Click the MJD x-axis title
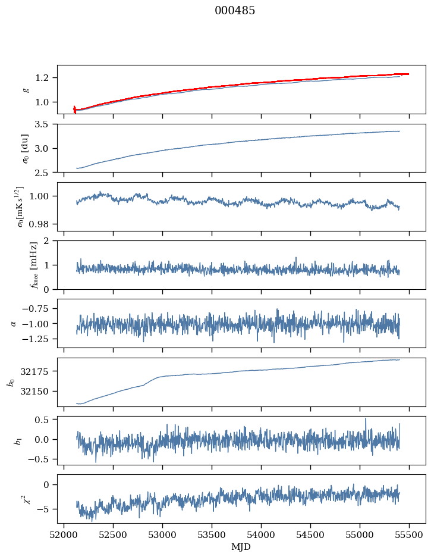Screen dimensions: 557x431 (x=241, y=546)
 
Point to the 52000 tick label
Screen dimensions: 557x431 (x=64, y=534)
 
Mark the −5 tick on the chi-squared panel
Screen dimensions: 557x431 (x=45, y=509)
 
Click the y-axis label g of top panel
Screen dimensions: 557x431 (x=25, y=89)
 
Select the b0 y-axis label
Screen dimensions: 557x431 (x=11, y=382)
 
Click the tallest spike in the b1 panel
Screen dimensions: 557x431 (x=366, y=418)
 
